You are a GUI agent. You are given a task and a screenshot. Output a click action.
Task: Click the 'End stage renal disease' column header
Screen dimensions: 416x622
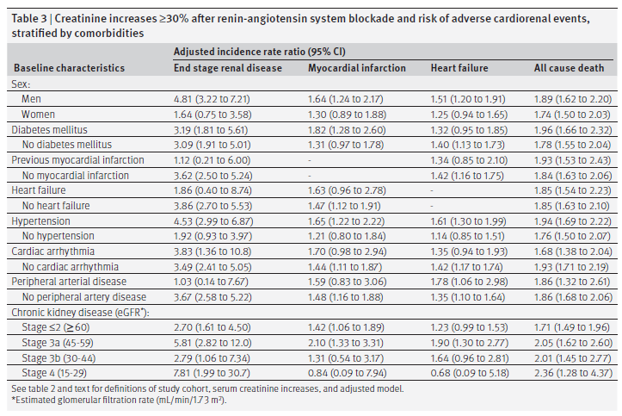pyautogui.click(x=227, y=68)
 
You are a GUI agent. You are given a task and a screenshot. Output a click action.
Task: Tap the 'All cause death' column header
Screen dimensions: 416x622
pyautogui.click(x=568, y=68)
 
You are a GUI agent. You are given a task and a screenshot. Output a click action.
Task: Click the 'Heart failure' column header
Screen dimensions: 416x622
pyautogui.click(x=459, y=68)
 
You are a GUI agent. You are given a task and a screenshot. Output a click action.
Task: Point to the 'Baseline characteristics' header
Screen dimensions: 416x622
pyautogui.click(x=68, y=68)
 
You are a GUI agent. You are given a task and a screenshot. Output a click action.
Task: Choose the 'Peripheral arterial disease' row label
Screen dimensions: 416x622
pyautogui.click(x=69, y=282)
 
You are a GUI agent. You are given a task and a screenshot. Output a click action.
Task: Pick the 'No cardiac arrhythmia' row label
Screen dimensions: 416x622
pyautogui.click(x=70, y=267)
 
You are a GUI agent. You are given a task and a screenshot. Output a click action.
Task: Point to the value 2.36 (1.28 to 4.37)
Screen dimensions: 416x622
pyautogui.click(x=571, y=373)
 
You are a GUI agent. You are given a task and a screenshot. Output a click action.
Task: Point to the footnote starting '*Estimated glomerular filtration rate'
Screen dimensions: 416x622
pyautogui.click(x=120, y=400)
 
